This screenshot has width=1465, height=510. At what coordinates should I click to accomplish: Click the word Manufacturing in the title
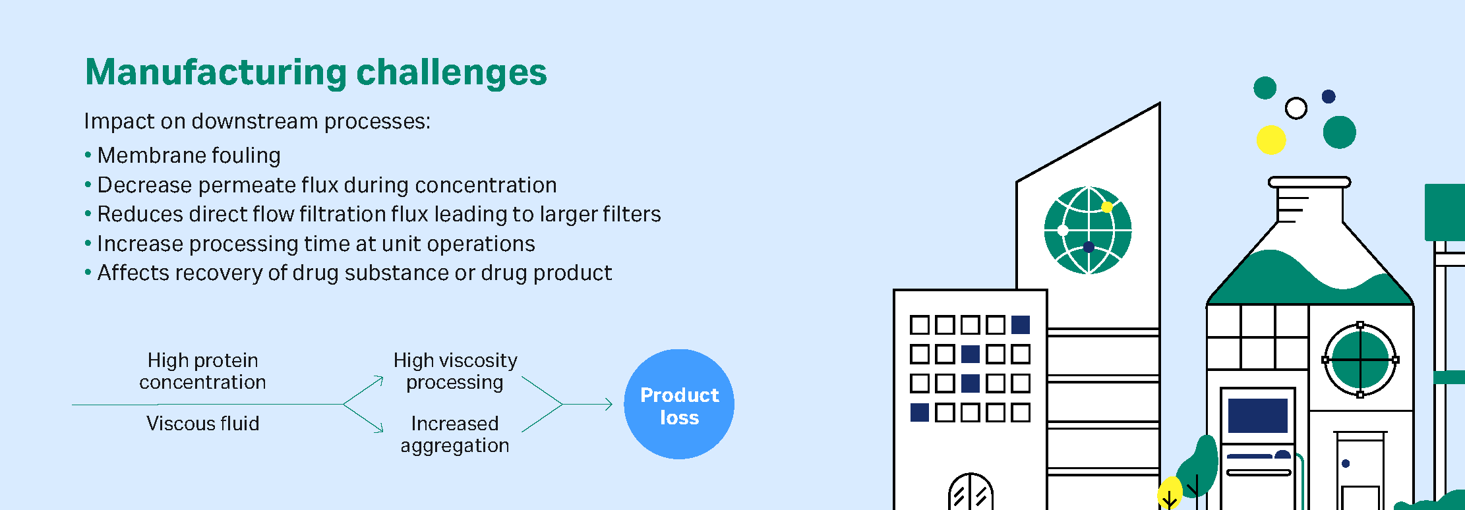click(216, 72)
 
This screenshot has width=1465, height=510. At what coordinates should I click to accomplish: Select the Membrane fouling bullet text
click(189, 156)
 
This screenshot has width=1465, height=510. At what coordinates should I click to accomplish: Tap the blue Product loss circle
click(679, 404)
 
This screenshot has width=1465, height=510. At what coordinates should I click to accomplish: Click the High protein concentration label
click(202, 371)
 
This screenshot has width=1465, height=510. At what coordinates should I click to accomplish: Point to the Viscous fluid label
click(202, 423)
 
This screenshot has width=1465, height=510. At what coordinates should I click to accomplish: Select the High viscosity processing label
click(455, 371)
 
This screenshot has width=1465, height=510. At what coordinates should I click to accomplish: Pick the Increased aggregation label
click(455, 434)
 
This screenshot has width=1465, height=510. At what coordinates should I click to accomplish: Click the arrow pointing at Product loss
click(587, 404)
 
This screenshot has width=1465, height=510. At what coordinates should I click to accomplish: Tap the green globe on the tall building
click(1088, 231)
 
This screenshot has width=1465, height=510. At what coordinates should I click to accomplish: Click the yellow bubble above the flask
click(1271, 140)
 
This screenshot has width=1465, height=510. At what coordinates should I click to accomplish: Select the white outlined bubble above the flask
click(1296, 108)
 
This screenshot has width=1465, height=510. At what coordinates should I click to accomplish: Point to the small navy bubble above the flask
click(1329, 97)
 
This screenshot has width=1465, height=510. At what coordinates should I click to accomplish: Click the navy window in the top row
click(1021, 325)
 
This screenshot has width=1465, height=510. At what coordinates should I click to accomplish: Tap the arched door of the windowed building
click(971, 492)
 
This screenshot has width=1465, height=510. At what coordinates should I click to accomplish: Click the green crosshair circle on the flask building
click(1360, 360)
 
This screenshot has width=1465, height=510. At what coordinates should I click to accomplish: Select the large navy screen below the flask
click(1258, 416)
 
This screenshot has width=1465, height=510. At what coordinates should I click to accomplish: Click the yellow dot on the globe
click(1107, 207)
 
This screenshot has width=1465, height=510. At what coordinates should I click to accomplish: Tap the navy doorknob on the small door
click(1346, 464)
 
